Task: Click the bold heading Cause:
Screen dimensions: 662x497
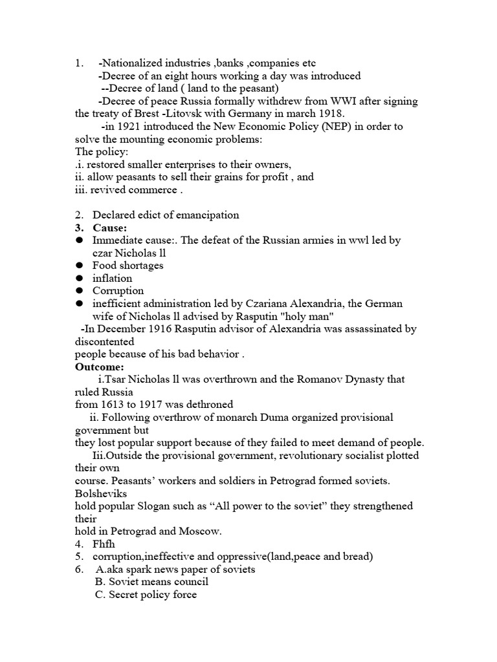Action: pos(110,228)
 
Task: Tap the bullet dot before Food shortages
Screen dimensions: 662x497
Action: pos(79,266)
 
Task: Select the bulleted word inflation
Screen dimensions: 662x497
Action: pos(112,278)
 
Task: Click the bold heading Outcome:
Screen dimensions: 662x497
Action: pos(100,367)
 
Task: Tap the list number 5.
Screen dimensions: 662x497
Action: pos(78,557)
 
